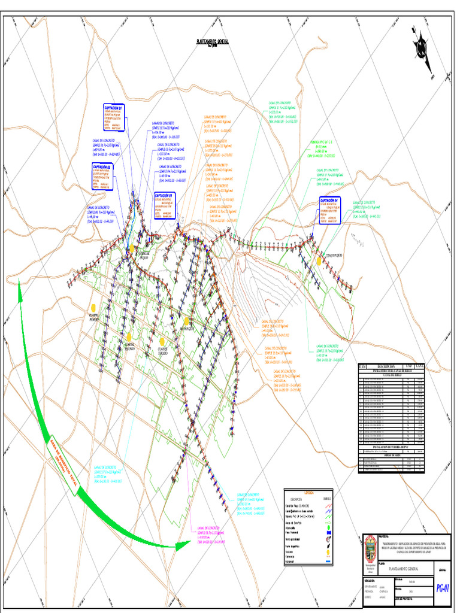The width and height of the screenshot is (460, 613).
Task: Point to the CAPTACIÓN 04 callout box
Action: [329, 210]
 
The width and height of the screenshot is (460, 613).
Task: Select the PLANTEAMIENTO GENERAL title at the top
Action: [213, 43]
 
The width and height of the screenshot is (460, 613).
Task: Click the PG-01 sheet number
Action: [443, 588]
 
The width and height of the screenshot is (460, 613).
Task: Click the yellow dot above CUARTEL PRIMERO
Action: [93, 307]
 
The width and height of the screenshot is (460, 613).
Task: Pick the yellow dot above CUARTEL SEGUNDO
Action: [129, 337]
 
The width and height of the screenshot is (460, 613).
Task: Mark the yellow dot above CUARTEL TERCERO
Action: [162, 341]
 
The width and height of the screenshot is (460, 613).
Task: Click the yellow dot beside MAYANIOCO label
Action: [187, 321]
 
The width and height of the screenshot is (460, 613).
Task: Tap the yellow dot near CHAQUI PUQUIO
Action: [319, 261]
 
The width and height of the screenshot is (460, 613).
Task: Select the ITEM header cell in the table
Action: [362, 366]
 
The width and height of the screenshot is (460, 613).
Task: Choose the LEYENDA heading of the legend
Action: [308, 492]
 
